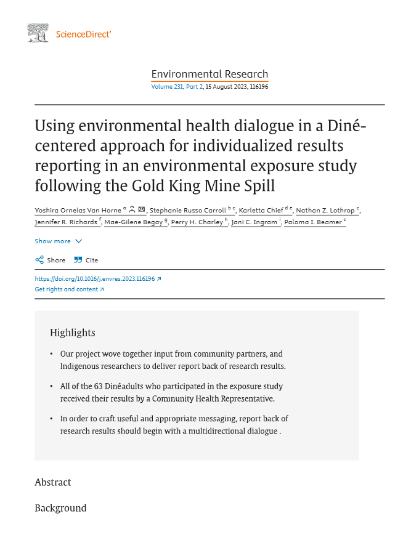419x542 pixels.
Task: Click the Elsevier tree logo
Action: tap(38, 33)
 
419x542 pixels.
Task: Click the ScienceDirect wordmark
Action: tap(83, 34)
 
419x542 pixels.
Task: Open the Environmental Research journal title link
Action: tap(209, 75)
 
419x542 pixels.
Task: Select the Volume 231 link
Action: tap(167, 87)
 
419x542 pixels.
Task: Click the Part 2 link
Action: tap(195, 87)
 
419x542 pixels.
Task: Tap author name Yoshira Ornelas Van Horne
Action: tap(78, 210)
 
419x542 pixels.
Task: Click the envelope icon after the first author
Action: tap(142, 209)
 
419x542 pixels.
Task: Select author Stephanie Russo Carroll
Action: tap(188, 210)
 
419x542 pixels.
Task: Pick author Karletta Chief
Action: tap(261, 210)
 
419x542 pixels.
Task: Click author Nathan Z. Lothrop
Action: tap(325, 210)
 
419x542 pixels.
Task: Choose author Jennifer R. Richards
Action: tap(66, 222)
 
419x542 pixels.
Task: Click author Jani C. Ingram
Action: tap(254, 222)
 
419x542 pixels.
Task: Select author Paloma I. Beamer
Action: tap(312, 222)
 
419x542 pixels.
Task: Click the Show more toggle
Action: tap(58, 241)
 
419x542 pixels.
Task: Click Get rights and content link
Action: tap(69, 289)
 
